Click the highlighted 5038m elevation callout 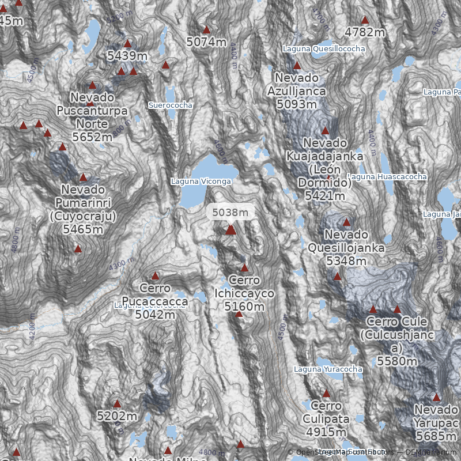tap(231, 212)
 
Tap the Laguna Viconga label tap(201, 182)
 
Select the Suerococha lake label tap(171, 105)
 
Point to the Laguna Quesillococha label tap(324, 49)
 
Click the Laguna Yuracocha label tap(328, 369)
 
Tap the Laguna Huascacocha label tap(388, 177)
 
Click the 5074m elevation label tap(206, 42)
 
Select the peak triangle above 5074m tap(206, 29)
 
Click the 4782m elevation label tap(365, 32)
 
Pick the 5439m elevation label tap(127, 56)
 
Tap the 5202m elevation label tap(117, 416)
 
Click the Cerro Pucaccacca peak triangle tap(155, 276)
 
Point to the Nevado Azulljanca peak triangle tap(297, 66)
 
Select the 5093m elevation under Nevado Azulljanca tap(297, 104)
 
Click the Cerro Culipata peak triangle tap(326, 394)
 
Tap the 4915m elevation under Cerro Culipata tap(326, 432)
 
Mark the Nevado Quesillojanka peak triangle tap(346, 222)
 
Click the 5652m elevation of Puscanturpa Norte tap(92, 137)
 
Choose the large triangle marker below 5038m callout tap(231, 230)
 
